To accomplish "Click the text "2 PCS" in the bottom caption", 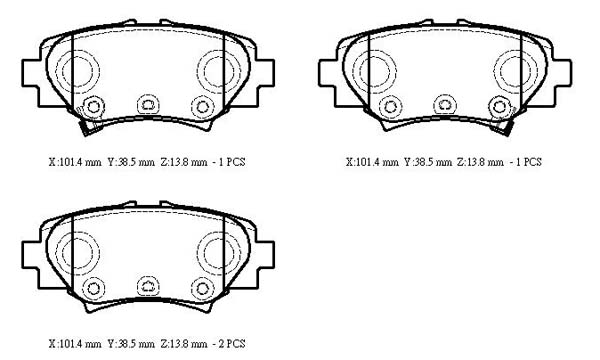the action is coord(232,344).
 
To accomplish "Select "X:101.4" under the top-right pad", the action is coord(362,162).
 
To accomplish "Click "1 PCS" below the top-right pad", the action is coord(528,162).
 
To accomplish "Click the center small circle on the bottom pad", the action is coord(148,286).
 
